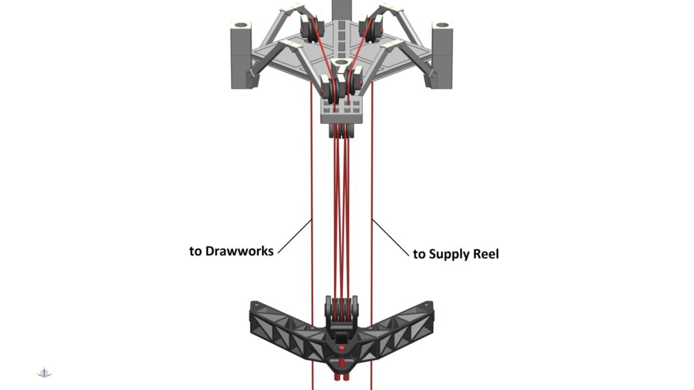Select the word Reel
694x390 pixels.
(486, 254)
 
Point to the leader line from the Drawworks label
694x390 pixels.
(295, 236)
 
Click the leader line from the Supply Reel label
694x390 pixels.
(391, 238)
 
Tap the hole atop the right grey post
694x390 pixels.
(442, 25)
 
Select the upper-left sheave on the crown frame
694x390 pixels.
(312, 28)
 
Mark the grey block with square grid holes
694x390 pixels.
(342, 110)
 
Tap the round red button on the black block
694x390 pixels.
(342, 349)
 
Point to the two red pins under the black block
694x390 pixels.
(342, 377)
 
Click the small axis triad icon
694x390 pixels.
(44, 373)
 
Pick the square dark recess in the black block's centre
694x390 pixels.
(342, 339)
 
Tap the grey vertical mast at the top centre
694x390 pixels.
(342, 9)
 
